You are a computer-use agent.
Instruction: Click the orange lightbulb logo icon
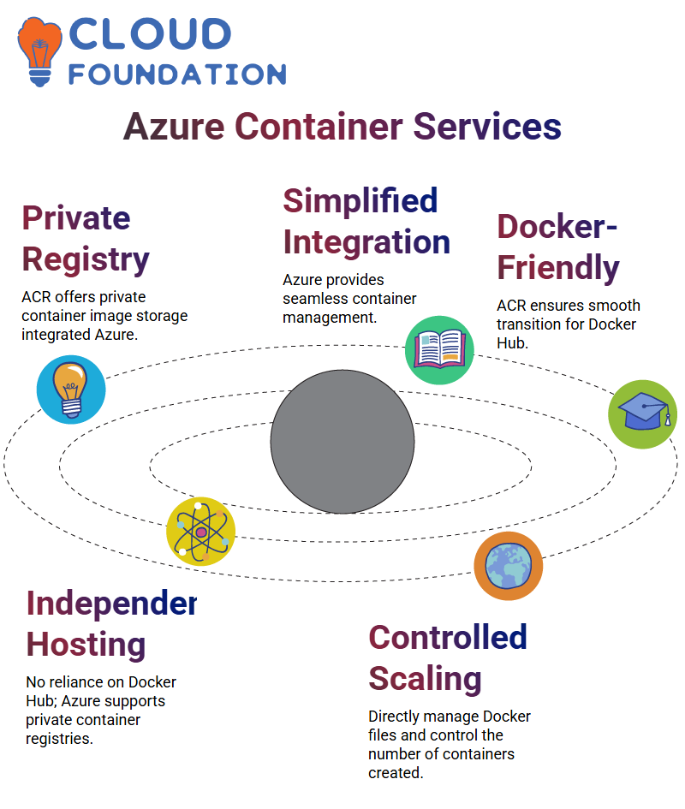39,51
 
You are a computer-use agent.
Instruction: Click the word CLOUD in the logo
150,34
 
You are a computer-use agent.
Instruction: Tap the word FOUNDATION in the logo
177,74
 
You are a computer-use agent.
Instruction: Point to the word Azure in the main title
174,127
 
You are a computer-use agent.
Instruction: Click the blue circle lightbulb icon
71,390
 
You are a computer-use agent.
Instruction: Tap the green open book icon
439,350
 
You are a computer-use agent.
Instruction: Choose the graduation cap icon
643,414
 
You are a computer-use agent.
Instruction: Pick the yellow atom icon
201,532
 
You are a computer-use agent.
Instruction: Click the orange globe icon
509,566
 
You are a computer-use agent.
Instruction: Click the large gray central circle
342,442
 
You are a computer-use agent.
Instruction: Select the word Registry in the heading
86,260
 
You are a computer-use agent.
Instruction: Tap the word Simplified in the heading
360,202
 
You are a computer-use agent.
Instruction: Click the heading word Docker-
557,226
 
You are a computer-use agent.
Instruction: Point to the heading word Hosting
86,645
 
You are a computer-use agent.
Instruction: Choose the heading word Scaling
426,680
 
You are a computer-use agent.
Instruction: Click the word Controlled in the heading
448,637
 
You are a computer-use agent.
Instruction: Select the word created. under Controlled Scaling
396,773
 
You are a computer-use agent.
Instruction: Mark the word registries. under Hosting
59,740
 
